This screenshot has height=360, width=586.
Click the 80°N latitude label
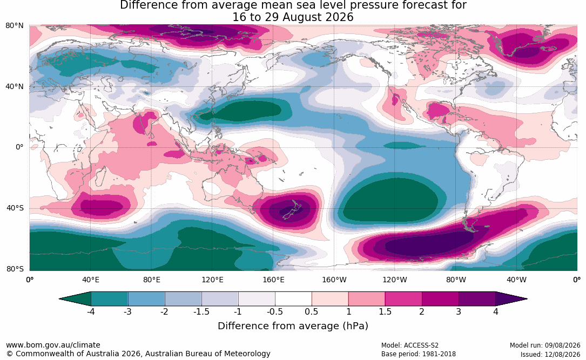[14, 26]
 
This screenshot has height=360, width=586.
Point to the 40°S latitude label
[15, 208]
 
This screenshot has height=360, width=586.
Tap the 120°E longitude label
[212, 280]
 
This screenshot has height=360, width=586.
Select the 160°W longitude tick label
[334, 280]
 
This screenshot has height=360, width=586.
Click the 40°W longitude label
[516, 280]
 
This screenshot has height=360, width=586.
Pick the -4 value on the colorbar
[90, 311]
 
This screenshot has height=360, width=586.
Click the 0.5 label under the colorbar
[311, 311]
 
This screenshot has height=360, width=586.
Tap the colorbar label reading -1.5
[201, 311]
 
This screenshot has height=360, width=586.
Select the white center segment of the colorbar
[293, 299]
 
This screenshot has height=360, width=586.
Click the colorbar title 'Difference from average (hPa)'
[293, 326]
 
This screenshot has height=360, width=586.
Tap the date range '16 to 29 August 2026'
[293, 17]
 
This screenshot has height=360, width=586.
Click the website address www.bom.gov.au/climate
[53, 345]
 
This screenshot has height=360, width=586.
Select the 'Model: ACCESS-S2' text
[409, 345]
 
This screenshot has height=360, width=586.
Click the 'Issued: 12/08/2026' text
[550, 354]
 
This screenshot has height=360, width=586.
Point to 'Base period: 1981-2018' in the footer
[419, 354]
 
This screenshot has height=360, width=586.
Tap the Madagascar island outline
[100, 176]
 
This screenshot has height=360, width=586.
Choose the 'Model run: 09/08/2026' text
[545, 345]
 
